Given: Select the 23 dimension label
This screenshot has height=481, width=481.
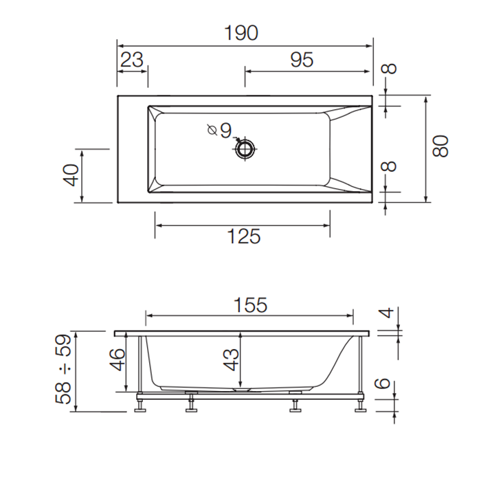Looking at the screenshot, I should (x=132, y=60).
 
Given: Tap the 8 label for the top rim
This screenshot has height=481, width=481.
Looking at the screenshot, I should (x=390, y=69).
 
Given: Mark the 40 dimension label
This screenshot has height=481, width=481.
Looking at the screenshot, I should (x=70, y=175).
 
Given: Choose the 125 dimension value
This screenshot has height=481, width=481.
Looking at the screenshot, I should (x=243, y=236).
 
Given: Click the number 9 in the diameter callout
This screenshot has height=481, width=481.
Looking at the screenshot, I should (x=226, y=130).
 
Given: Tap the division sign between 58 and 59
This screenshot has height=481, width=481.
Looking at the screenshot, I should (x=65, y=369).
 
